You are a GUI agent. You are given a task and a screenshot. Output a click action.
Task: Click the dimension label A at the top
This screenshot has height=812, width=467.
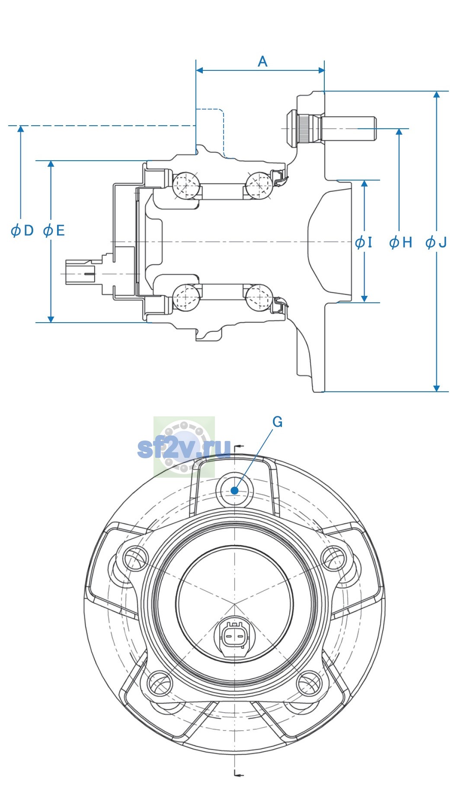262,62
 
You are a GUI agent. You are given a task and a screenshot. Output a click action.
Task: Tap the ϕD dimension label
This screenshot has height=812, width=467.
22,231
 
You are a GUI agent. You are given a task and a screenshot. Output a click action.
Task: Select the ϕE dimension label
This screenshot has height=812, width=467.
54,231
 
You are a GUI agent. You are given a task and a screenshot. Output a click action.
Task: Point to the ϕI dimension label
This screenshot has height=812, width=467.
364,242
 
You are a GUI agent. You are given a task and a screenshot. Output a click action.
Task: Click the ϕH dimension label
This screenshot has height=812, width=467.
400,242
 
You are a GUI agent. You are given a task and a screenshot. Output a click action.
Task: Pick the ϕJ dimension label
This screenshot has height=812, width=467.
436,242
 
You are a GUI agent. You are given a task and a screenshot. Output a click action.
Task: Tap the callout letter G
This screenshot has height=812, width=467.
278,422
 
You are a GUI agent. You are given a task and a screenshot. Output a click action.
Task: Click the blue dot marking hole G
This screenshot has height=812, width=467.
235,490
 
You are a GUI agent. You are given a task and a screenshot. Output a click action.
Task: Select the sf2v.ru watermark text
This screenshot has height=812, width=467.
184,448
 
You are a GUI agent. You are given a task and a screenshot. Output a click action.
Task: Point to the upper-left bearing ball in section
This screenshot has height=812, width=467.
186,185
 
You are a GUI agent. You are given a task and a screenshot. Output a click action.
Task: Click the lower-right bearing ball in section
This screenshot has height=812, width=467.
259,298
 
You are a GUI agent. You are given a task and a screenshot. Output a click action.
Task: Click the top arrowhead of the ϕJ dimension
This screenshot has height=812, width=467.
437,95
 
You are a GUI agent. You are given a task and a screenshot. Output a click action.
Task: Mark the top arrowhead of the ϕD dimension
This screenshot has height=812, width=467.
20,130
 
